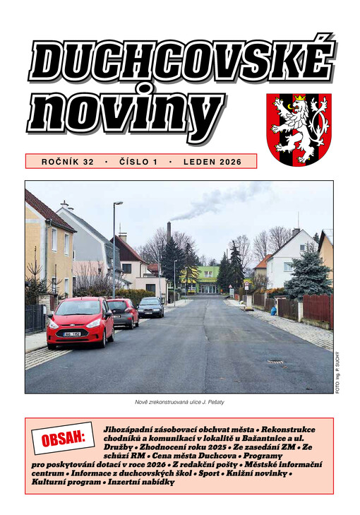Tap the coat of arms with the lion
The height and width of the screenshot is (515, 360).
[x=298, y=129]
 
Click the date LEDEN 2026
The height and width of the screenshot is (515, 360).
[x=212, y=162]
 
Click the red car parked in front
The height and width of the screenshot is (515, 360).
[x=80, y=322]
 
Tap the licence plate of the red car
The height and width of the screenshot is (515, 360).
[x=73, y=333]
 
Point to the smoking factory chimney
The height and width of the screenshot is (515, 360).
[x=169, y=232]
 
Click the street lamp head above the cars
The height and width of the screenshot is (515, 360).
[x=119, y=203]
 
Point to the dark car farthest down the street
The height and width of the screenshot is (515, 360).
[x=150, y=307]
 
